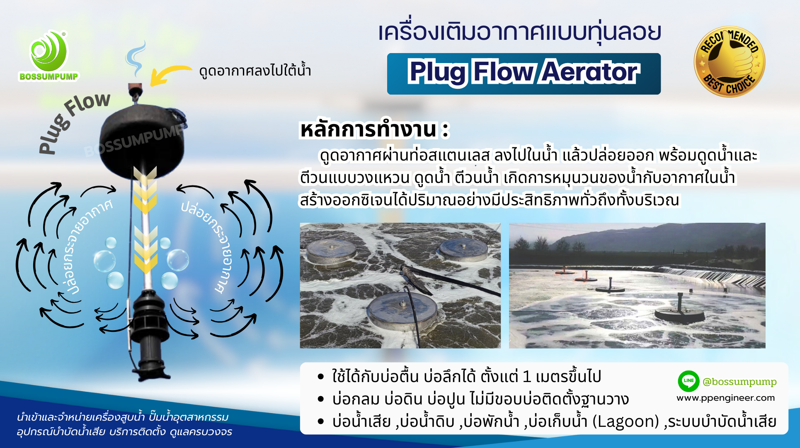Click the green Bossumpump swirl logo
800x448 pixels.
(49, 51)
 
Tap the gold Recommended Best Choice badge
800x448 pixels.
(730, 62)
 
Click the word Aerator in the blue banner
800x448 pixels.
(590, 72)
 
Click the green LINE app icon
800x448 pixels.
(688, 381)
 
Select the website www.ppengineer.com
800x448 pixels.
(725, 398)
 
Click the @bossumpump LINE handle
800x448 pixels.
(739, 382)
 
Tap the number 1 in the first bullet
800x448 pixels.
(526, 377)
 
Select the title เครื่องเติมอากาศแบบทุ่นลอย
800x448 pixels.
(519, 32)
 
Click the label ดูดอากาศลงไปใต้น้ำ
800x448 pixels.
(255, 71)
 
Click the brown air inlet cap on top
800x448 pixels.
(135, 88)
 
